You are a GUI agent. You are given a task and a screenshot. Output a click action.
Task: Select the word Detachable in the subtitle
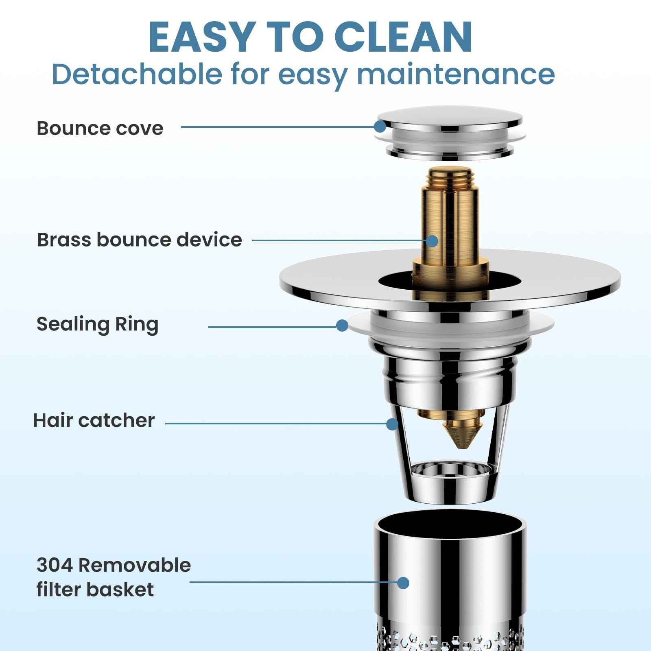click(x=137, y=74)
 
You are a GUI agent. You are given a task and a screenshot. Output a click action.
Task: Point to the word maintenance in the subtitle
click(x=456, y=74)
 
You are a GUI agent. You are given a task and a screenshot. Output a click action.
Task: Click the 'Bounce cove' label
click(x=100, y=128)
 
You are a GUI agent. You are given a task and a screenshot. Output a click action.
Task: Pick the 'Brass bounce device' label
click(x=139, y=240)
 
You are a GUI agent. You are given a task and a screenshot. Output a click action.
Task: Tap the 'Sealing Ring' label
click(x=98, y=324)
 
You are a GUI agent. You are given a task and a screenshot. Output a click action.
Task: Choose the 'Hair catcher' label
click(x=94, y=420)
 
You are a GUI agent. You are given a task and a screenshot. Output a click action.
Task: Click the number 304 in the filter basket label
click(x=54, y=565)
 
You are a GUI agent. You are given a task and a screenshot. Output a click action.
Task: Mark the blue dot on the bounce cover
click(x=380, y=127)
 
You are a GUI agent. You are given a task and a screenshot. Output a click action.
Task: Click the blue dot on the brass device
click(x=432, y=241)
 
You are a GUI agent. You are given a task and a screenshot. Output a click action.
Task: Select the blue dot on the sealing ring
click(x=342, y=325)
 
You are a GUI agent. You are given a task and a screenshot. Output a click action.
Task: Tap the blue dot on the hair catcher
click(x=392, y=424)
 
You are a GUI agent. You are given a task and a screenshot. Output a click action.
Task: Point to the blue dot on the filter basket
click(x=403, y=583)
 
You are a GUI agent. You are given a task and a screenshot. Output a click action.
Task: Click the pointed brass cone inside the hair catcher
click(x=460, y=435)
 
